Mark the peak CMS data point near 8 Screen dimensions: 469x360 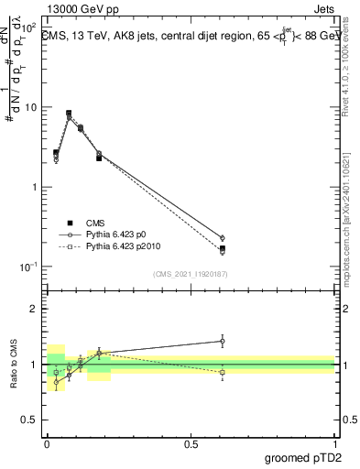(69, 114)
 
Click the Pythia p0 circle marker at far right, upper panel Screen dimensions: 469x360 (222, 238)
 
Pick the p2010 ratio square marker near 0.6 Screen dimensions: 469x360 (222, 373)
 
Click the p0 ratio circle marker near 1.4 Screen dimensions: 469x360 (222, 341)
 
